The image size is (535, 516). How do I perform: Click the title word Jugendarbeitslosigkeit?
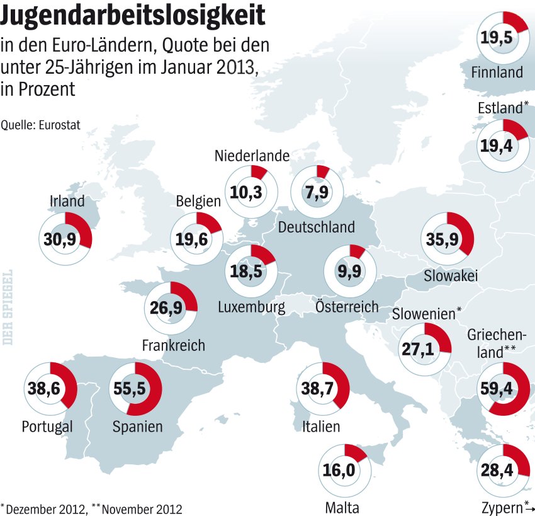[x=133, y=14]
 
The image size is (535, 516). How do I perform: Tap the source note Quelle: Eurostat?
[x=40, y=125]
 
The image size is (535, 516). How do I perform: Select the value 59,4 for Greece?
[x=497, y=389]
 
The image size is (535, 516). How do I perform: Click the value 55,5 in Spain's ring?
[x=129, y=389]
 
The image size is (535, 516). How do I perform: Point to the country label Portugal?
[x=47, y=427]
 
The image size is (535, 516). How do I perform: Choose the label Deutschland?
[x=317, y=227]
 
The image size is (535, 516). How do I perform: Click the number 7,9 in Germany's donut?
[x=317, y=192]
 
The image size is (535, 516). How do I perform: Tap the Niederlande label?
[x=252, y=156]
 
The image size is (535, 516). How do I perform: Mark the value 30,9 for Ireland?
[x=60, y=239]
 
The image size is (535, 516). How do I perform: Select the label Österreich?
[x=347, y=307]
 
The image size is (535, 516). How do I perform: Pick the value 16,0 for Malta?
[x=339, y=470]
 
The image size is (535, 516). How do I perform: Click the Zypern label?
[x=502, y=508]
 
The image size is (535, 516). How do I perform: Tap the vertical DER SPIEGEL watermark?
[x=7, y=307]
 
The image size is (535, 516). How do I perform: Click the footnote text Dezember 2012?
[x=47, y=509]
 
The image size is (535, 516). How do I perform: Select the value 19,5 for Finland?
[x=497, y=38]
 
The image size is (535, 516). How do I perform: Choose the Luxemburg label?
[x=252, y=307]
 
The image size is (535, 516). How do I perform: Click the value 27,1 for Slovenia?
[x=418, y=349]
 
